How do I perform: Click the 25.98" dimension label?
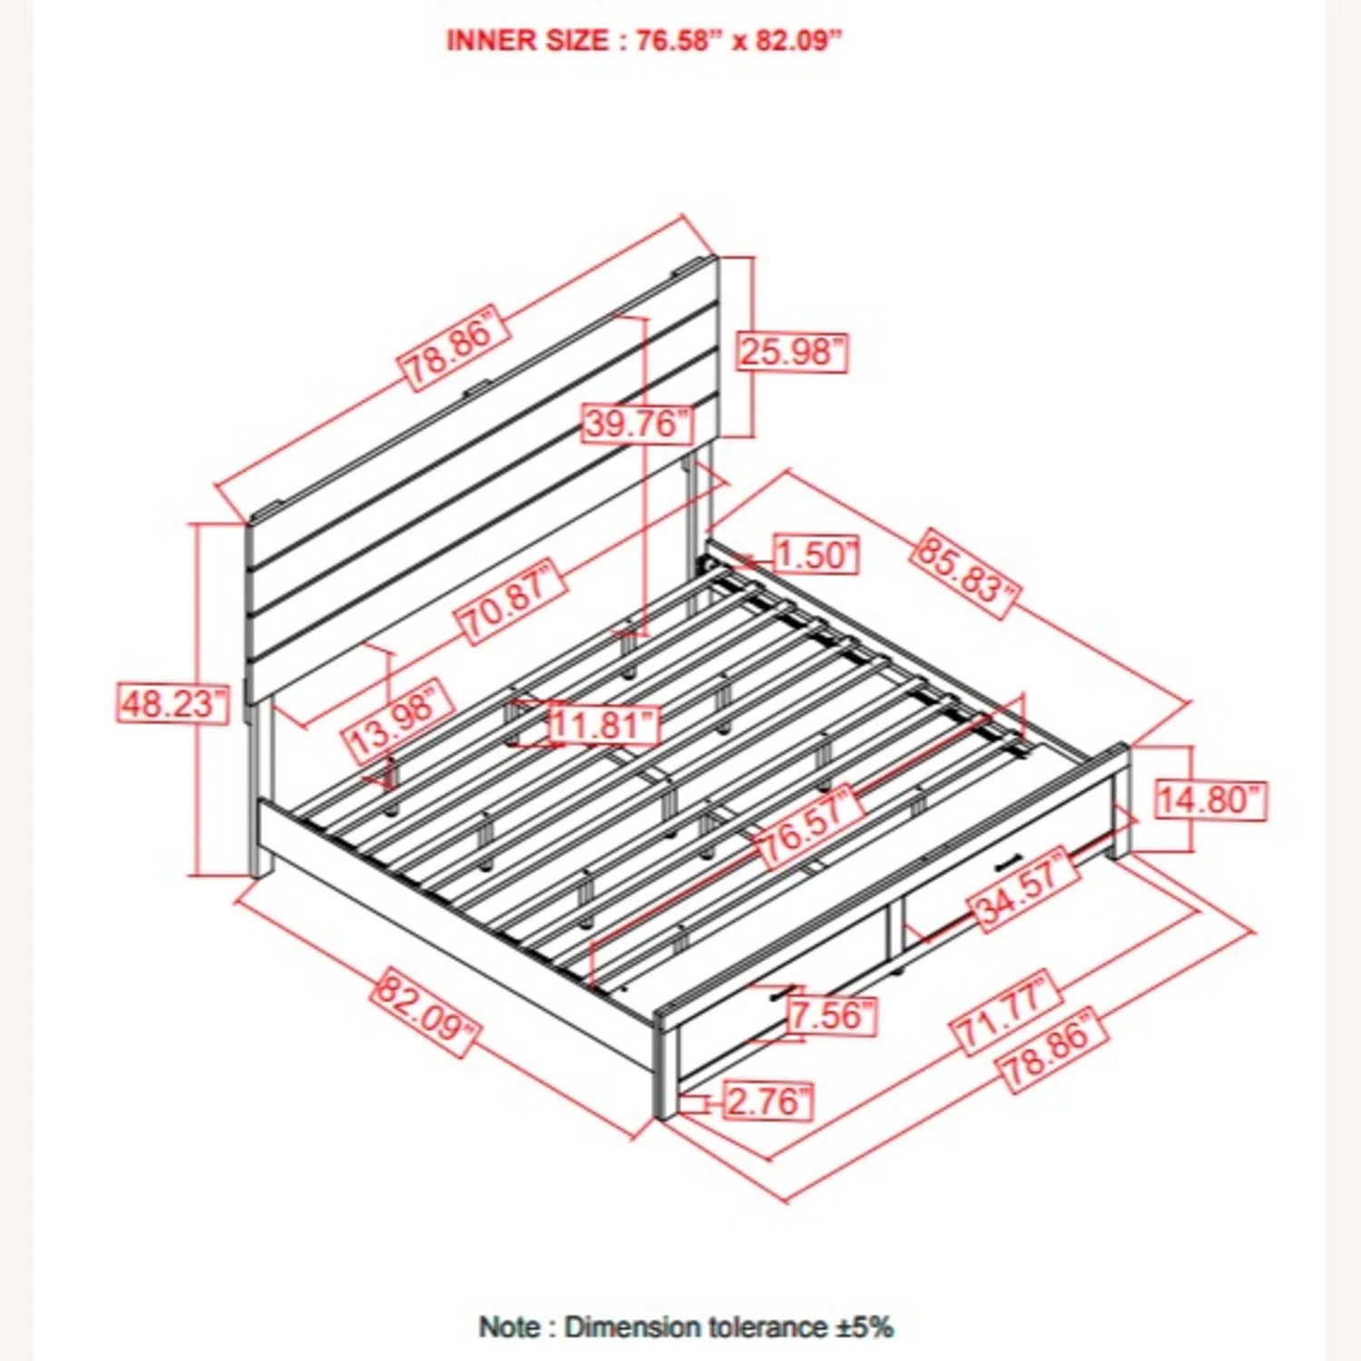pos(792,352)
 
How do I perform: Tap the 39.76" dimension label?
pos(636,424)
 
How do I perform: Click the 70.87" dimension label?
pos(510,602)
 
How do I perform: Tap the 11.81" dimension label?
pos(603,725)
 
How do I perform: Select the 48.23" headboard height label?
pos(172,703)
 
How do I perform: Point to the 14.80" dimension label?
pos(1210,800)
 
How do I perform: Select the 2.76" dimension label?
pos(768,1102)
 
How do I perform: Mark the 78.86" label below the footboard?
pos(1053,1048)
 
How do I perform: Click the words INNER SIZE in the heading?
pos(527,41)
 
